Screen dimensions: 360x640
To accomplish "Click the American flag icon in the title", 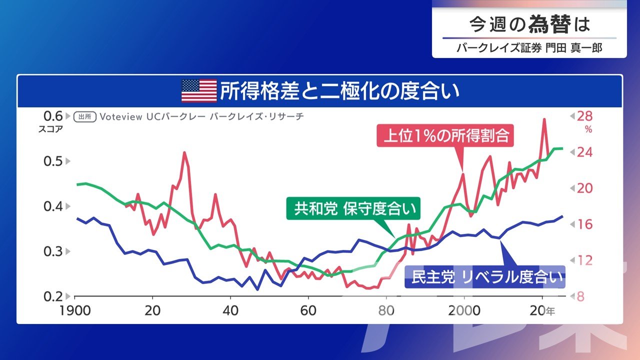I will point(199,90).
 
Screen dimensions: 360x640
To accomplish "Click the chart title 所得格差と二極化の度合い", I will point(339,91).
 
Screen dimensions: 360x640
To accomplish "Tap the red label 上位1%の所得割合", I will point(446,136).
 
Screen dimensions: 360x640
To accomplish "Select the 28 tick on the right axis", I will point(584,116).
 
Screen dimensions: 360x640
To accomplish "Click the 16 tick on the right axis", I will point(584,224).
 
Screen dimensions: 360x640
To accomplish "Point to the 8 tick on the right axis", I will point(580,296).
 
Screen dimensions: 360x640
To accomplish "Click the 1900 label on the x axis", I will point(75,310).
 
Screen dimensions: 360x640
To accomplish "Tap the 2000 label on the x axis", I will point(464,310).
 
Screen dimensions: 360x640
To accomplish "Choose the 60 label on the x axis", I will point(308,310).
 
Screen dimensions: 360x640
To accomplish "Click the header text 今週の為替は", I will point(529,24).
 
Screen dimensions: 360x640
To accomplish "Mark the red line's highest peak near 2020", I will point(544,119).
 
